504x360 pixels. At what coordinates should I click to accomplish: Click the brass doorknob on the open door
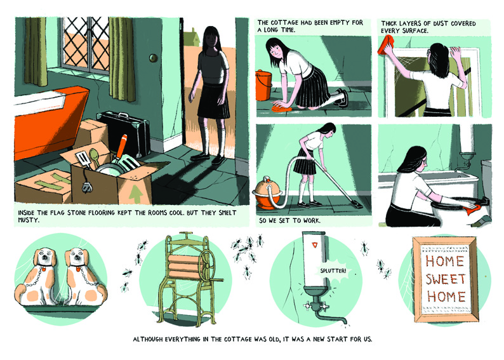(154, 58)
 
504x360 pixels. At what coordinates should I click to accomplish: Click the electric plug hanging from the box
(87, 187)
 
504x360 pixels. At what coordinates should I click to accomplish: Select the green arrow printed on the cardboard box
(136, 194)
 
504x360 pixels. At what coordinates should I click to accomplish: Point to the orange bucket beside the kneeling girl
(263, 85)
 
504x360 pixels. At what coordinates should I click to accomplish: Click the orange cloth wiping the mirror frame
(387, 45)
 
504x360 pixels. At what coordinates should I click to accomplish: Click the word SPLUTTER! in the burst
(333, 270)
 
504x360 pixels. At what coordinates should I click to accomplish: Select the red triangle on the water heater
(314, 245)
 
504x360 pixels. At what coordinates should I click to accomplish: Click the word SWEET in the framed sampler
(446, 279)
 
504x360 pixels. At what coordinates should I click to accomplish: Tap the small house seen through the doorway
(191, 37)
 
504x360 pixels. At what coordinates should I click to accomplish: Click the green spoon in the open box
(93, 157)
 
